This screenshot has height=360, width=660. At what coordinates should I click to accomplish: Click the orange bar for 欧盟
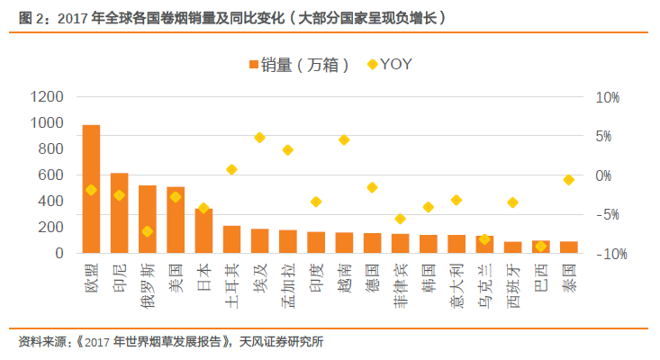click(91, 189)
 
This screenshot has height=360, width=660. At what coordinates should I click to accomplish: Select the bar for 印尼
click(119, 212)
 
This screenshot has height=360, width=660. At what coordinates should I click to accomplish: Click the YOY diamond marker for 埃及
click(259, 138)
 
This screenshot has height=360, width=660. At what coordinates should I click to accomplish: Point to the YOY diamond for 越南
click(344, 139)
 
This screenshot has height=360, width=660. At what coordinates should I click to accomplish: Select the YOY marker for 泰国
click(568, 180)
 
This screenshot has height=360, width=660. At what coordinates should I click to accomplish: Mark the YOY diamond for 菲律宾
click(400, 219)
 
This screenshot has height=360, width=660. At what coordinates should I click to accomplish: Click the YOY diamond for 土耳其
click(231, 169)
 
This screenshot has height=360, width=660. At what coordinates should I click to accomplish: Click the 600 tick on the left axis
click(50, 175)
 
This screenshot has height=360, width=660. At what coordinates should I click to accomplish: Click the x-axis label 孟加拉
click(287, 282)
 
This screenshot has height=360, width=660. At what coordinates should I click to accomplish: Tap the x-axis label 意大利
click(457, 282)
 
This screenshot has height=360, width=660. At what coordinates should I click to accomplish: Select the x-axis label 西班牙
click(512, 282)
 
